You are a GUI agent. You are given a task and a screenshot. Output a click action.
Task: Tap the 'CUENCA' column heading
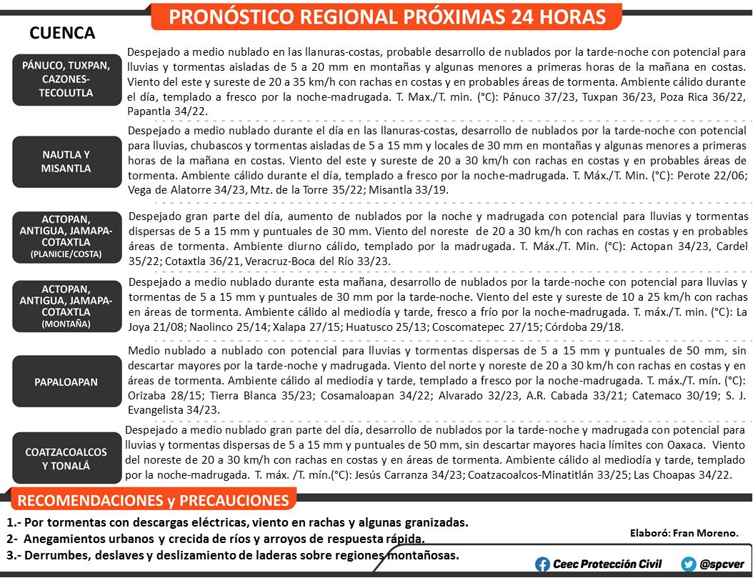[63, 33]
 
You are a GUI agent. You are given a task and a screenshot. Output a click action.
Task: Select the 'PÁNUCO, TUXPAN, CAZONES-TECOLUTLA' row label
[66, 79]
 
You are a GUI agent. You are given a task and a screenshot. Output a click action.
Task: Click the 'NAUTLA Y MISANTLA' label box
[66, 161]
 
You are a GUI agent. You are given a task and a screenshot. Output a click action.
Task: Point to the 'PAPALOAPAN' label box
[66, 382]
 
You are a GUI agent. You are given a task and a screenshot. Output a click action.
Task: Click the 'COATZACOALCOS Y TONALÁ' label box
[66, 459]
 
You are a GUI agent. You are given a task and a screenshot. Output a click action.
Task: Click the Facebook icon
[543, 564]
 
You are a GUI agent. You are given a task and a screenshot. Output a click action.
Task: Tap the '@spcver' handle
[722, 564]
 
